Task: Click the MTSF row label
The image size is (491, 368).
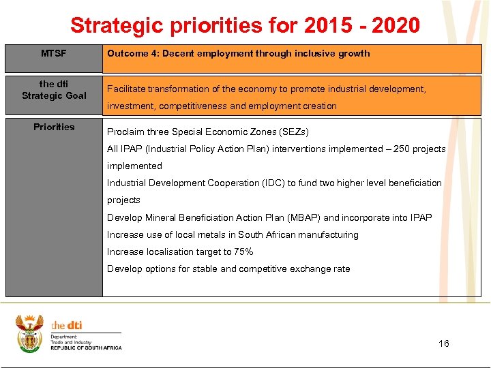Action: click(54, 53)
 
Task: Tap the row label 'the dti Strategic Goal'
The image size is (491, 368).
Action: click(54, 90)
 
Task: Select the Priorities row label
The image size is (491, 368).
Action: click(54, 127)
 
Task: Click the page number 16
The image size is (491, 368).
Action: click(444, 343)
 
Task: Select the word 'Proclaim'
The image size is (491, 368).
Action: click(125, 132)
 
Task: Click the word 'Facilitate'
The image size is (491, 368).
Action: click(127, 89)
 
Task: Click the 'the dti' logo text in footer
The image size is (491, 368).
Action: click(67, 326)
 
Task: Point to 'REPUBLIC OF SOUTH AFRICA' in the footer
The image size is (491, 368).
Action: click(86, 348)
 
